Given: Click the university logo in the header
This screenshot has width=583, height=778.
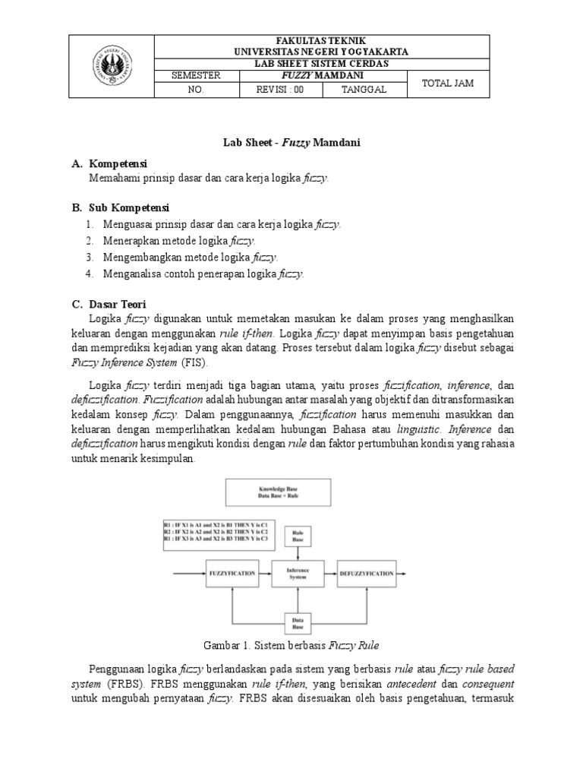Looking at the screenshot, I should click(112, 67).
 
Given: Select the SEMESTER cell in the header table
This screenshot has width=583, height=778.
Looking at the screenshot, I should click(196, 76).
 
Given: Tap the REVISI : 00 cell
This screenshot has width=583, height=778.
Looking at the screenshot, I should click(279, 90).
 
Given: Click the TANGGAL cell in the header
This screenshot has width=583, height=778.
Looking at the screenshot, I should click(364, 90).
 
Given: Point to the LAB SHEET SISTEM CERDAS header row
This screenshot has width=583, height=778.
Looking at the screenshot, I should click(320, 63).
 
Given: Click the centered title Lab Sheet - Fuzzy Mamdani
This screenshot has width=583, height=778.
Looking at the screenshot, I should click(291, 142).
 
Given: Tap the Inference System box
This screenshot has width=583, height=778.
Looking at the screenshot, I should click(298, 573).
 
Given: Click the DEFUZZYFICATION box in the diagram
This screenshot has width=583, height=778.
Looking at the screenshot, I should click(367, 573).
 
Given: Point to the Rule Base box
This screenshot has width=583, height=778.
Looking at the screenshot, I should click(298, 536).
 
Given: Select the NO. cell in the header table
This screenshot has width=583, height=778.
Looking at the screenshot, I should click(196, 90).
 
